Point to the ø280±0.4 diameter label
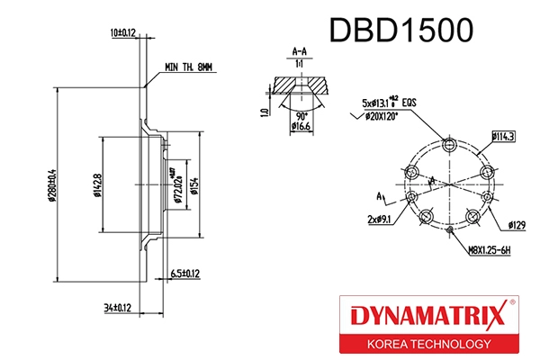click(52, 184)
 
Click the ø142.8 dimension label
click(95, 184)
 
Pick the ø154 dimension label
click(193, 184)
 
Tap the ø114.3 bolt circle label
click(503, 136)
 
